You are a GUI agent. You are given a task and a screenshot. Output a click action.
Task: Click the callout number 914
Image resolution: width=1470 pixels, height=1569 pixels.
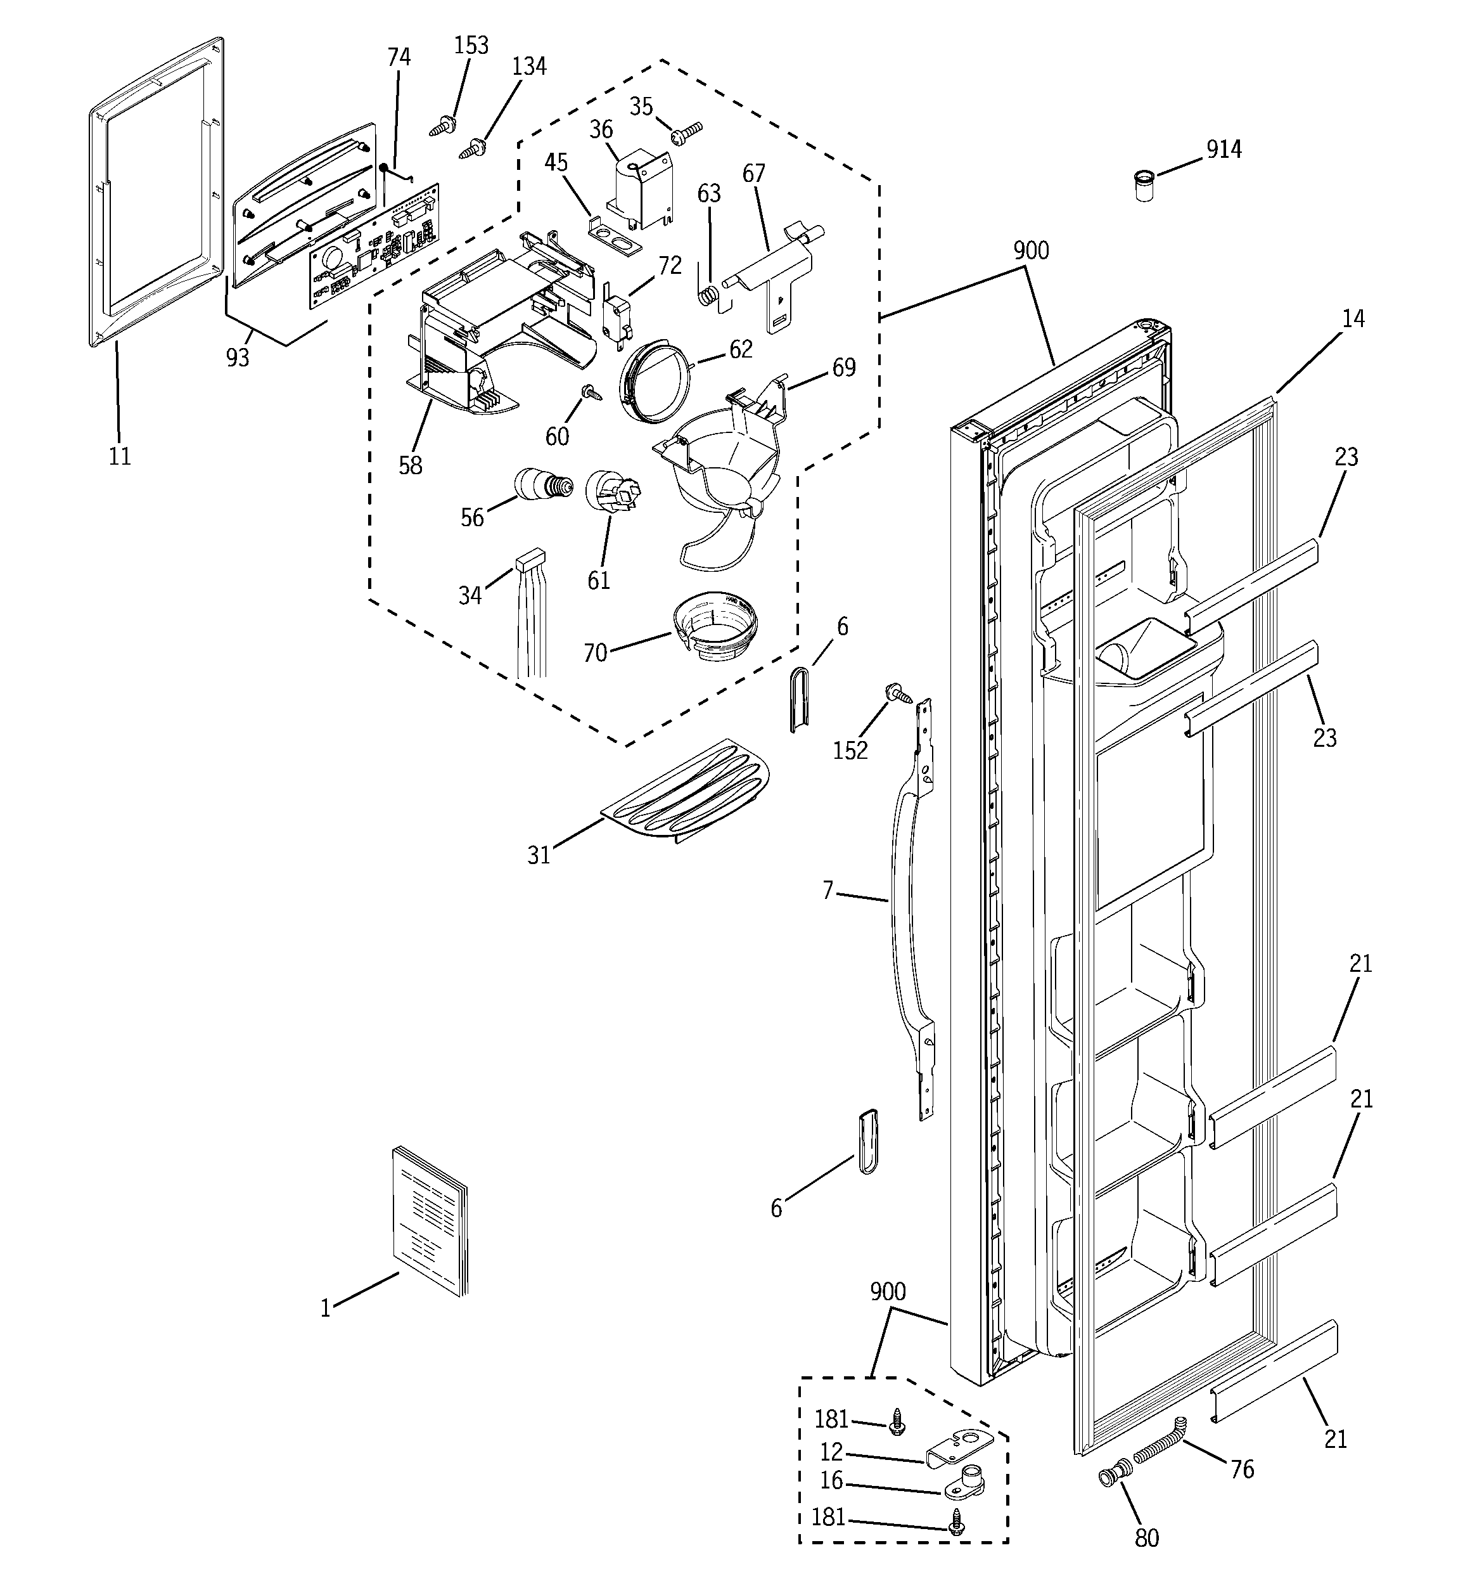[1223, 149]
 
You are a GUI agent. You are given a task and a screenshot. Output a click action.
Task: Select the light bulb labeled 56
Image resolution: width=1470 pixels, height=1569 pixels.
[537, 483]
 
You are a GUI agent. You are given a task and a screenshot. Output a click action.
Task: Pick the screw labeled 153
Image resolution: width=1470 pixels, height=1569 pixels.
[444, 125]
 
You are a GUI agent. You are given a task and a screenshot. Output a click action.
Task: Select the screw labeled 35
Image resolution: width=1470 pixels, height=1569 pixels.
[686, 132]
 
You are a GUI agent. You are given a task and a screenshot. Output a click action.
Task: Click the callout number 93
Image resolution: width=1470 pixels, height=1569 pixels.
[238, 358]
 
